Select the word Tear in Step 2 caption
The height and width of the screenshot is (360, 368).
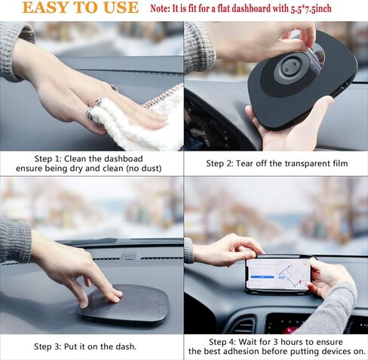(252, 163)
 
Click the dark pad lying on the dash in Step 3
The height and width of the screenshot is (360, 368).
(124, 305)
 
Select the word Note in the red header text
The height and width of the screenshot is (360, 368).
(161, 9)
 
